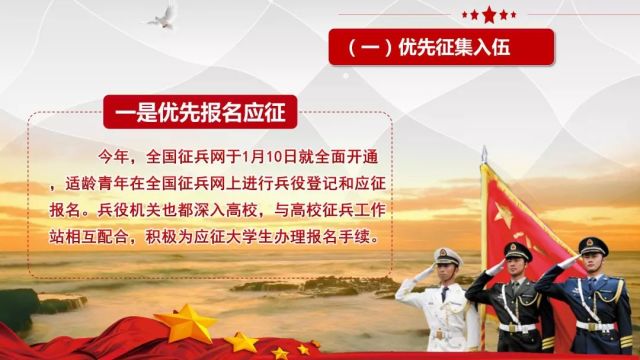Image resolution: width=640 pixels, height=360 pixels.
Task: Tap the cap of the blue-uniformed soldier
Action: [593, 244]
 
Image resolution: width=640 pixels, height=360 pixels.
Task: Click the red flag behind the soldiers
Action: [521, 209]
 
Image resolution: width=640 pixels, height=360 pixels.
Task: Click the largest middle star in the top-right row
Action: [489, 13]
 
